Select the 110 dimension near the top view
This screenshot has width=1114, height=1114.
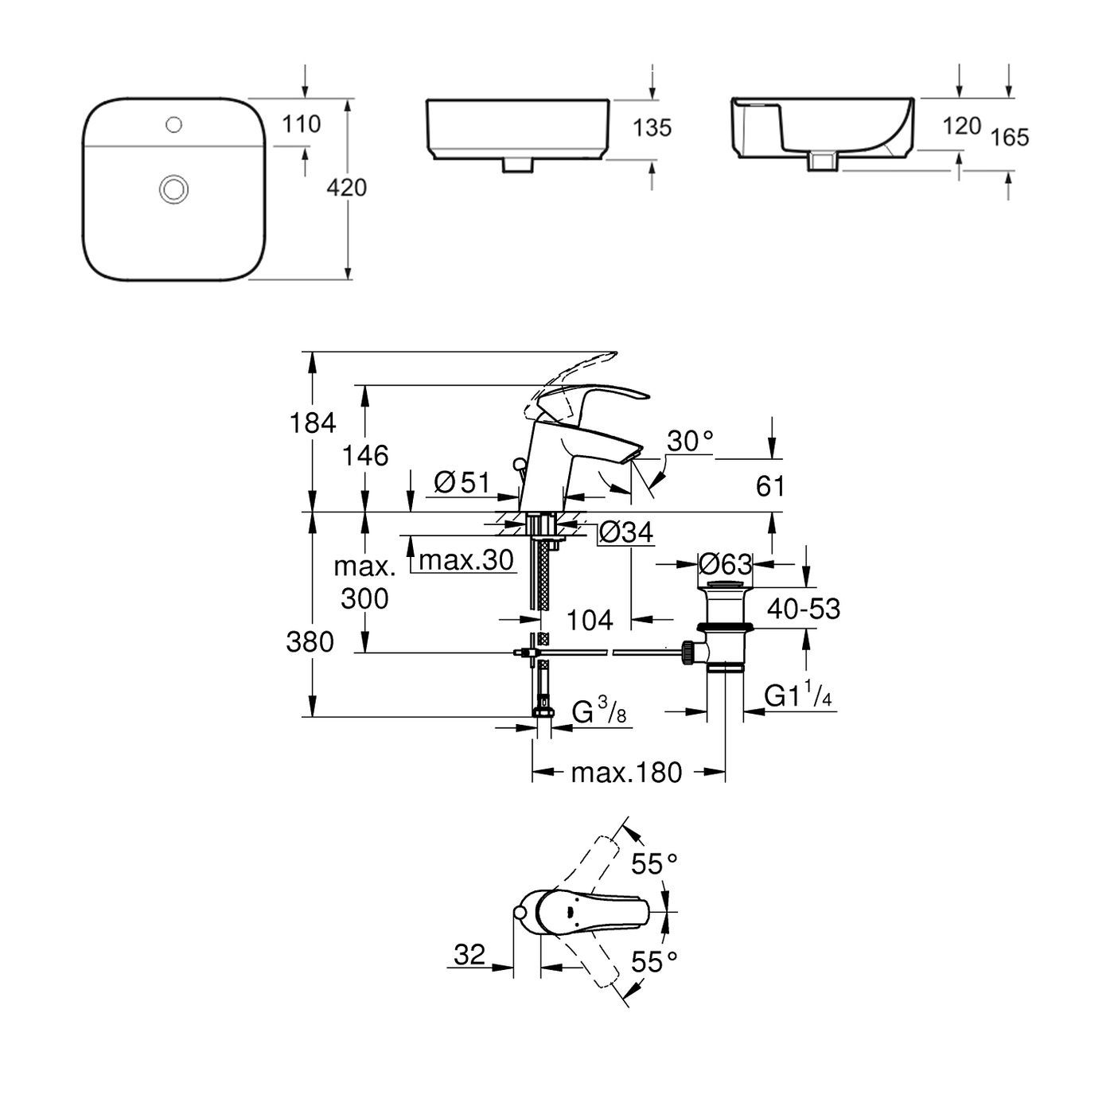(302, 124)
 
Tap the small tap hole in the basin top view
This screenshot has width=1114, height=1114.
(174, 124)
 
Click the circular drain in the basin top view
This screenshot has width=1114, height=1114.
(173, 189)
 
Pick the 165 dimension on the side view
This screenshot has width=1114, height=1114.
(1011, 138)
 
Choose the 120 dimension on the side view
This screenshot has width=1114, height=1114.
(961, 126)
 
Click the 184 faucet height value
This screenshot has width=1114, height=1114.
(314, 423)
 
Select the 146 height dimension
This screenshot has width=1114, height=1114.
(365, 456)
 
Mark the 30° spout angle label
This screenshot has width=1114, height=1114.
(689, 441)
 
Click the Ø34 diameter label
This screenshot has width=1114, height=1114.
(625, 532)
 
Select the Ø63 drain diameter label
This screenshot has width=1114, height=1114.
(724, 564)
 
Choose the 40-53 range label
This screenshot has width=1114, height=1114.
(804, 609)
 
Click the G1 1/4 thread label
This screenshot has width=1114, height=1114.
(798, 696)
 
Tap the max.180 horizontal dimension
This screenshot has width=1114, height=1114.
(627, 772)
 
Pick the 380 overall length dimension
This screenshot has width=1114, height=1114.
(310, 641)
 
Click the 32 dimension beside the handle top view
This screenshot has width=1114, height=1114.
(469, 954)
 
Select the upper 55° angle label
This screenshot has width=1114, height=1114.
(654, 863)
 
